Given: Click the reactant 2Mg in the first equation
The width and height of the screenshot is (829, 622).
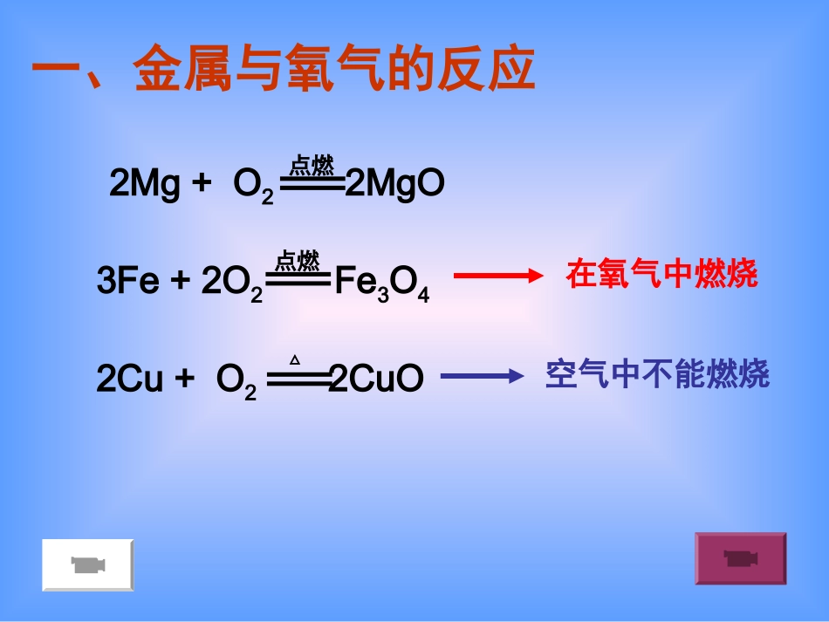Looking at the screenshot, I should [x=144, y=184].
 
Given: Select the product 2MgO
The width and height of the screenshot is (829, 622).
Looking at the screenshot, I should [x=395, y=184].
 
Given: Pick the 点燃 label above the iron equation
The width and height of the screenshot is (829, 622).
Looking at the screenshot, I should [x=298, y=260].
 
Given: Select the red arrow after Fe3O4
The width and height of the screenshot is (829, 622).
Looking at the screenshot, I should [x=498, y=277].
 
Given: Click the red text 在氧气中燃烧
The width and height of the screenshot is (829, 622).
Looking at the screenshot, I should [x=662, y=276].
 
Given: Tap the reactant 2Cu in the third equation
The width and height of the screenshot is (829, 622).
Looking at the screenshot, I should [x=129, y=379].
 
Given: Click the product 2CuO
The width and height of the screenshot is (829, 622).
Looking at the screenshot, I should [x=376, y=379].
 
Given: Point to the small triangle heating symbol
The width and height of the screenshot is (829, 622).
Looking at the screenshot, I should [x=295, y=359].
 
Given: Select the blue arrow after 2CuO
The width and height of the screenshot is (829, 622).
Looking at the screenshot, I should [x=483, y=376].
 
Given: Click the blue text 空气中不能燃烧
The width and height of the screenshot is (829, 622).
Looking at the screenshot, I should [x=657, y=375].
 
